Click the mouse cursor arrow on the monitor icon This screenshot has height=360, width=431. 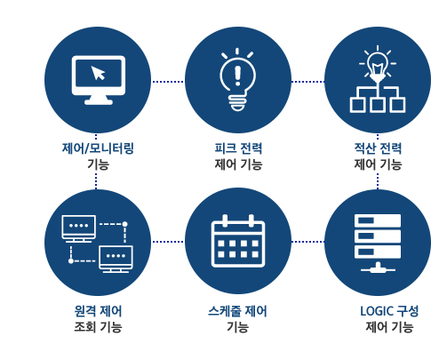98,73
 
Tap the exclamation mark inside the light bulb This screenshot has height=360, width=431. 237,76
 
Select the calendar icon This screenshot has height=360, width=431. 238,241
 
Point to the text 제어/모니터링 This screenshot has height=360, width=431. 98,148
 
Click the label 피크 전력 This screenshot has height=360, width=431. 238,148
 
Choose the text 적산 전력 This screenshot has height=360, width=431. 378,148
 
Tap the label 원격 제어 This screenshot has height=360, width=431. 98,311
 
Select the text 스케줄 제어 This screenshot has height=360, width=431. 237,311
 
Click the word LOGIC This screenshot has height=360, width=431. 377,311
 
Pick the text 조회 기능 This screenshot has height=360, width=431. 98,327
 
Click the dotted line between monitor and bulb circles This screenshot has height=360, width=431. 168,82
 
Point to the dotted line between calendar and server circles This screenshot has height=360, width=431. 307,242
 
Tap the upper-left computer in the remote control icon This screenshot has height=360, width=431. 78,228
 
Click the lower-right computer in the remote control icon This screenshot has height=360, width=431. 116,259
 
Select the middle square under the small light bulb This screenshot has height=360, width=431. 378,105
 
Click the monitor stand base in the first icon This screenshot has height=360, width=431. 99,102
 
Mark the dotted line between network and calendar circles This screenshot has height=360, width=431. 168,242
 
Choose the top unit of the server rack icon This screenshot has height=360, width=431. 378,220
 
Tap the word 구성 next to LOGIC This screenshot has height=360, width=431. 408,311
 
